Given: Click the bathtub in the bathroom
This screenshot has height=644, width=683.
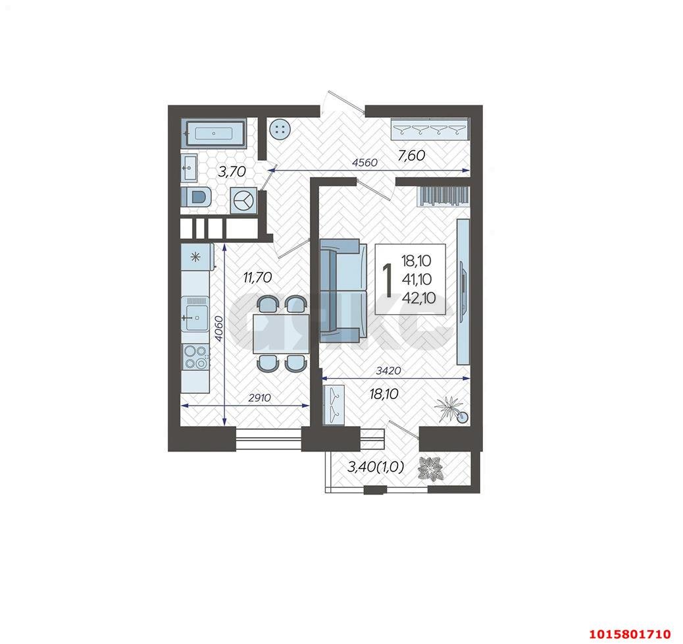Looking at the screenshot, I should (x=215, y=132).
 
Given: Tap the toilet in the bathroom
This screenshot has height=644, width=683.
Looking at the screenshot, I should (x=196, y=197).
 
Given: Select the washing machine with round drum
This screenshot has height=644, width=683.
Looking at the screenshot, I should (x=243, y=200).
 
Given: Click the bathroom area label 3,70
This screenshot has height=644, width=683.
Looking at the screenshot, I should (x=231, y=173).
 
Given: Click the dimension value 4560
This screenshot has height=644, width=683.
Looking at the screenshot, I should (x=364, y=163).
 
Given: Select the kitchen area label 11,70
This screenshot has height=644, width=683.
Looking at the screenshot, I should (x=257, y=278).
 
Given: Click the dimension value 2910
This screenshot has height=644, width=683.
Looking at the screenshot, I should (x=260, y=398).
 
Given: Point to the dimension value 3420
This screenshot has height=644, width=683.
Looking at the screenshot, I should (x=389, y=371).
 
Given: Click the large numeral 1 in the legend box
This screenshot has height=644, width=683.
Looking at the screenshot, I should (x=388, y=279).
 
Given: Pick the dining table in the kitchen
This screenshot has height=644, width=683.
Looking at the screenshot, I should (x=280, y=333).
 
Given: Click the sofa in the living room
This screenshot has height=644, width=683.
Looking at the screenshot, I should (x=341, y=290).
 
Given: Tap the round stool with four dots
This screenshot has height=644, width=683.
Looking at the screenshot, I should (x=280, y=130).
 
